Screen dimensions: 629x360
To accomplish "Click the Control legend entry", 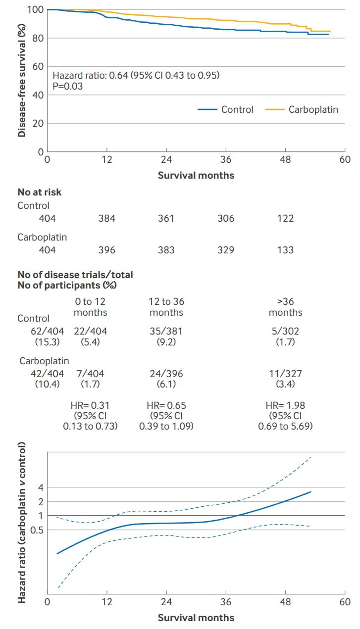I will pos(237,109).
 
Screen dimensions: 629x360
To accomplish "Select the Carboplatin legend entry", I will pos(313,109).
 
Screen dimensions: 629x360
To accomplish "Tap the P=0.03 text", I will pos(67,86).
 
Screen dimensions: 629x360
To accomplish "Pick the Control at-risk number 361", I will pos(166,218).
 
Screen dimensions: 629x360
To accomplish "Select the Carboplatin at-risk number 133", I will pos(285,250).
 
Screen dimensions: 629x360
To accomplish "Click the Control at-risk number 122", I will pos(285,218).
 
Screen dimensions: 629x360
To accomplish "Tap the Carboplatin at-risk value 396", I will pos(106,250).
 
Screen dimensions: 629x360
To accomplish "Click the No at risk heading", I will pos(40,193).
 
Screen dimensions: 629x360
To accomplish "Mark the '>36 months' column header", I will pos(285,306).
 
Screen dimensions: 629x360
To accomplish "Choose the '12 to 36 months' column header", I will pos(166,306).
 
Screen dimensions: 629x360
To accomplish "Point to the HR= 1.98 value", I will pos(285,405).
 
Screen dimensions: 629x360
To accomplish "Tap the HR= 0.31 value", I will pos(90,405).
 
